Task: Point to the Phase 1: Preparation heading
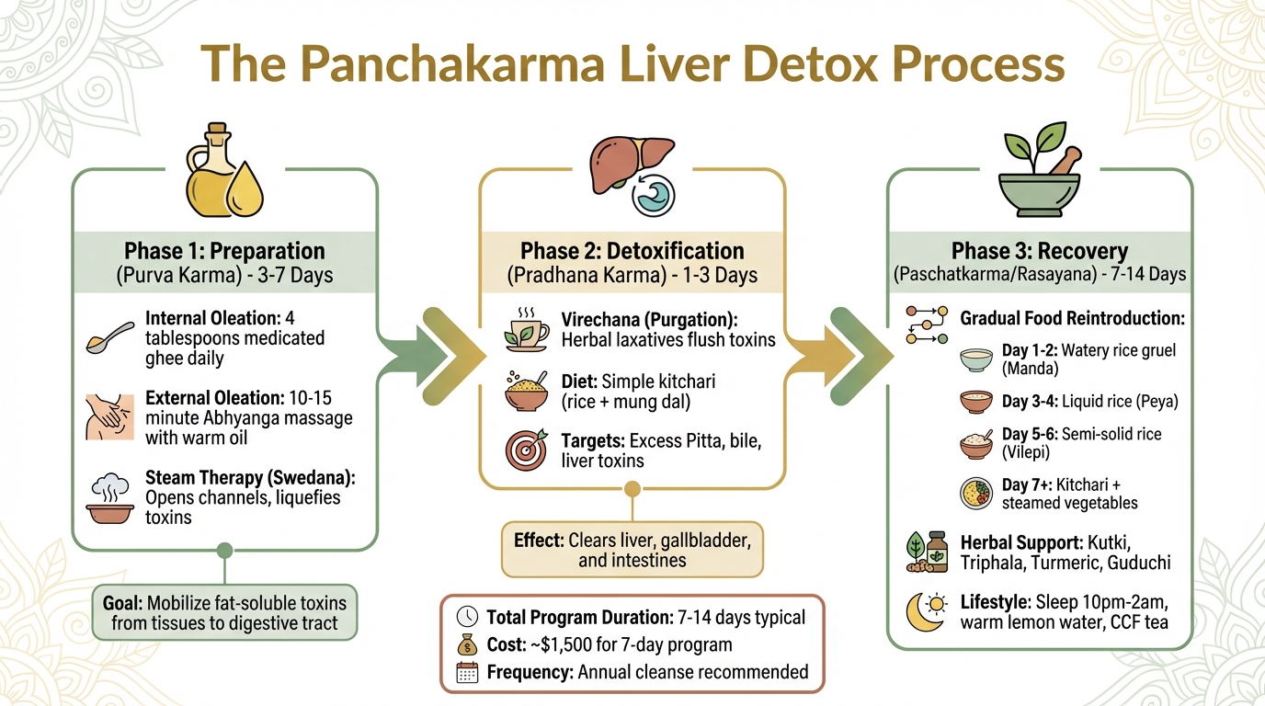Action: coord(224,251)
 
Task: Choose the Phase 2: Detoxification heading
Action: coord(632,251)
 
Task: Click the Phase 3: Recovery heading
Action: coord(1040,251)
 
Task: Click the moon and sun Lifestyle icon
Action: coord(926,612)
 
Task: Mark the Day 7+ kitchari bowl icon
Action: coord(976,493)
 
